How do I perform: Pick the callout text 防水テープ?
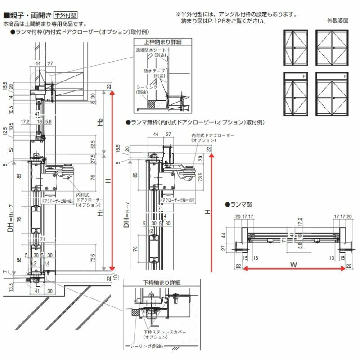point(154,71)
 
